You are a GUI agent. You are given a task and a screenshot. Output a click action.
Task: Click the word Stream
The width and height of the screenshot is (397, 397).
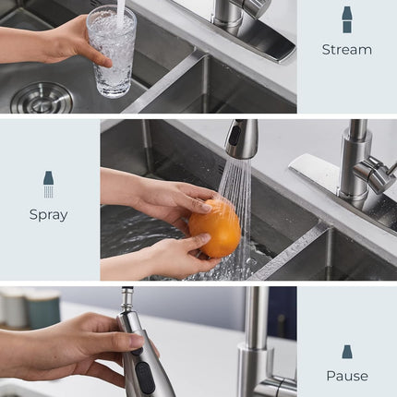coord(346,50)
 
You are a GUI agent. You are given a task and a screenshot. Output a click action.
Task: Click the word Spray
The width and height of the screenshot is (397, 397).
coord(48,215)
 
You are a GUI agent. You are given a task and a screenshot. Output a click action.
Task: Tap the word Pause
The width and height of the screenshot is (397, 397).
coord(346,376)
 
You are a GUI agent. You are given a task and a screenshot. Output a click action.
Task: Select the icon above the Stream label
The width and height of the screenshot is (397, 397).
coord(346,19)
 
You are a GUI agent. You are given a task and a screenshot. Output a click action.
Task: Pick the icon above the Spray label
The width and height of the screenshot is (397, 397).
coord(48,184)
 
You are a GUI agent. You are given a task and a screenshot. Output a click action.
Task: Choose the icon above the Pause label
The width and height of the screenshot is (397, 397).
coord(346,352)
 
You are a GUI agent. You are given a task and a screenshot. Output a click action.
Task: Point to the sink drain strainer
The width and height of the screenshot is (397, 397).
coord(42,97)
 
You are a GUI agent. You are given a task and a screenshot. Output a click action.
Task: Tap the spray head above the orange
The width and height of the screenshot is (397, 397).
coord(241,139)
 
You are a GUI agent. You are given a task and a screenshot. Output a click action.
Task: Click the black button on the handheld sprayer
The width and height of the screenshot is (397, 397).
coord(142,375)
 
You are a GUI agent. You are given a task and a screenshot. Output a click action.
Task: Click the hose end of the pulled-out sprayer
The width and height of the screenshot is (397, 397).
coord(127,296)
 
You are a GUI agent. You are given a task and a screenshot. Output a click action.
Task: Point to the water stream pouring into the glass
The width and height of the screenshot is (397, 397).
coord(120,12)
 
